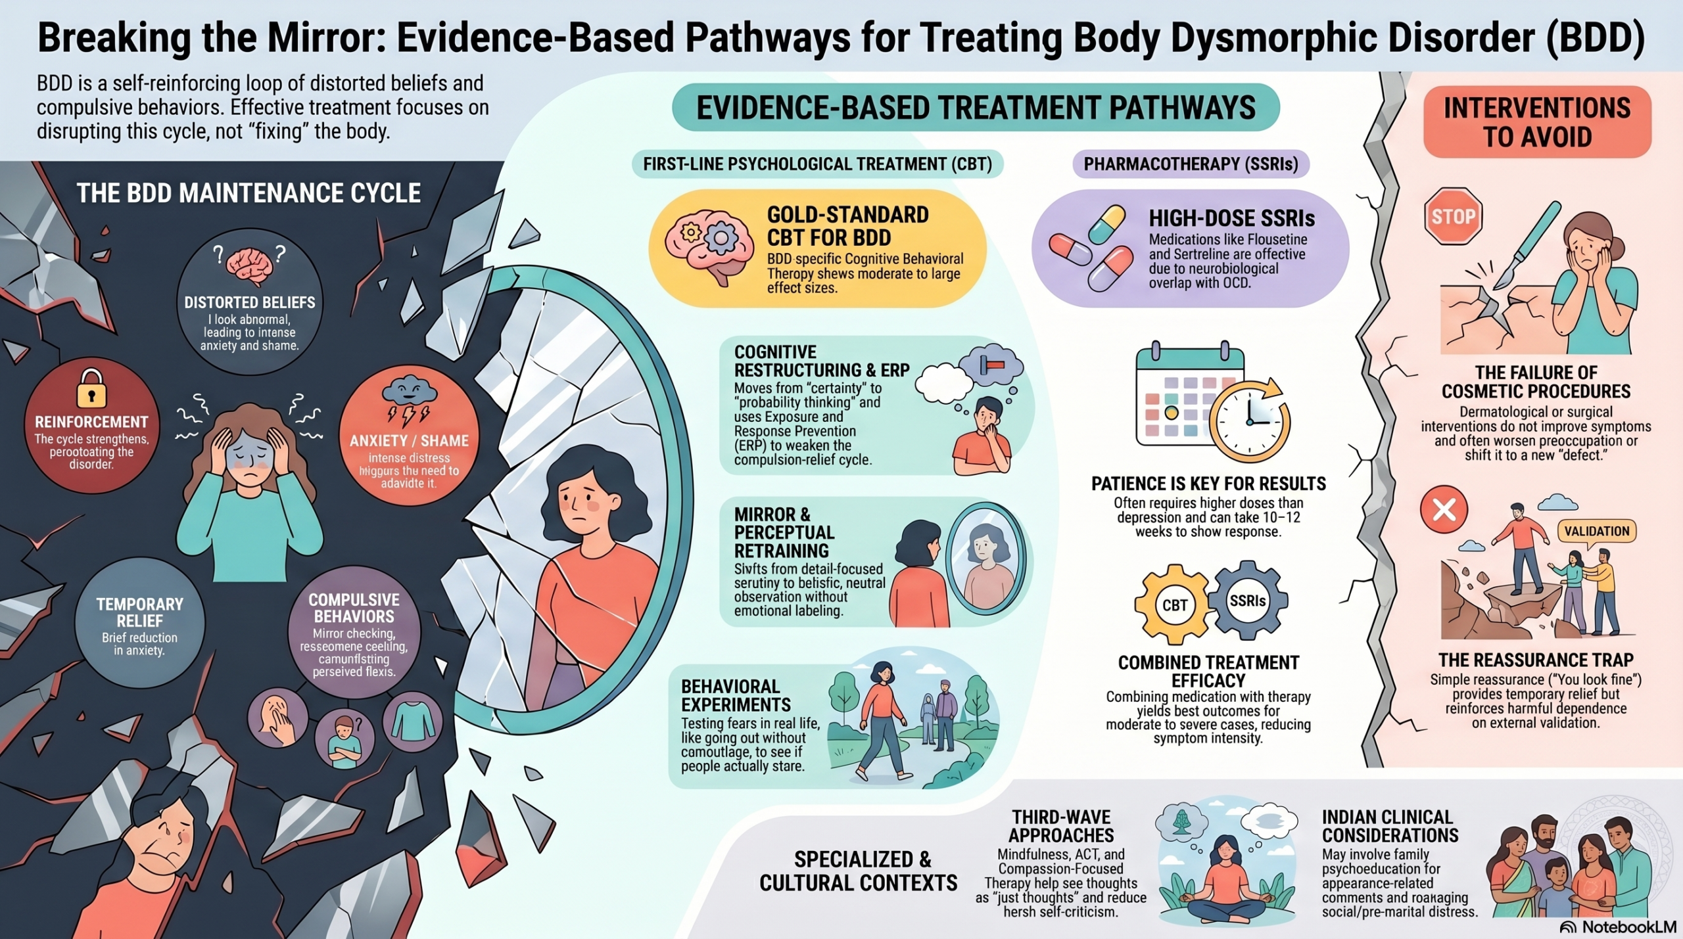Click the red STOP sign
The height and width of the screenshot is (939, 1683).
click(x=1453, y=216)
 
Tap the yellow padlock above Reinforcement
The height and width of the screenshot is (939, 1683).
click(x=91, y=389)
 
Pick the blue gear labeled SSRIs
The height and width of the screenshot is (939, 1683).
click(x=1247, y=601)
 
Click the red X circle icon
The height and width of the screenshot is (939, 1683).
click(x=1444, y=509)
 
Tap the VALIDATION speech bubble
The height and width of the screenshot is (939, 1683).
click(x=1596, y=532)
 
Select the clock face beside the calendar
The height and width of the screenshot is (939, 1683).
click(x=1249, y=421)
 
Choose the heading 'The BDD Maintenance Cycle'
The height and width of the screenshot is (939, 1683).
click(x=249, y=193)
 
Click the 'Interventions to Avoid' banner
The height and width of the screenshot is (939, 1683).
click(x=1537, y=122)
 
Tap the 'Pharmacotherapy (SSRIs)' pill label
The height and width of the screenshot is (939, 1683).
click(x=1191, y=164)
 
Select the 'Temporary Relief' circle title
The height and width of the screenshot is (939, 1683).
click(x=139, y=612)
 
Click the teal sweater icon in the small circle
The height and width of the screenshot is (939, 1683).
click(x=412, y=721)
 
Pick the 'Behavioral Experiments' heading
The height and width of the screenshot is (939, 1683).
click(x=736, y=695)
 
